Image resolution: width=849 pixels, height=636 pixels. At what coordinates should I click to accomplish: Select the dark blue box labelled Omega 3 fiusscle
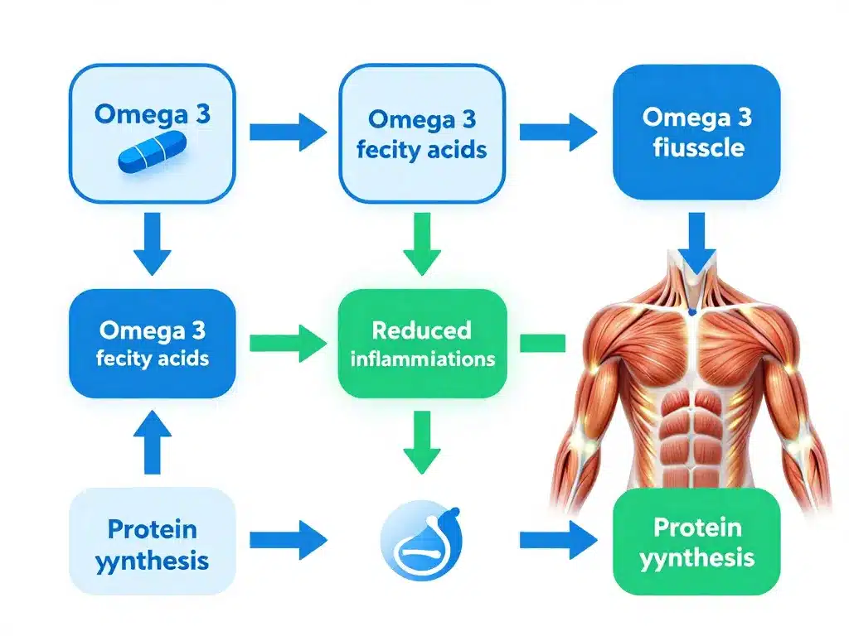(x=696, y=133)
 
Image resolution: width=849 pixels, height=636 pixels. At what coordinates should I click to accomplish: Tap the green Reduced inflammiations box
(x=423, y=344)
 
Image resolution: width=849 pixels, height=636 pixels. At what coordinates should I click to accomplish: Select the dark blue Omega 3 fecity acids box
(x=153, y=344)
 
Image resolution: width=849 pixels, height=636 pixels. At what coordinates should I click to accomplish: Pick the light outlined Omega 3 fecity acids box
(x=423, y=133)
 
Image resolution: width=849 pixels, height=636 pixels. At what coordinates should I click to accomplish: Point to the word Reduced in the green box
(x=421, y=330)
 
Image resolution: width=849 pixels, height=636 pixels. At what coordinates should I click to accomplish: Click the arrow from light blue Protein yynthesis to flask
(x=288, y=541)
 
